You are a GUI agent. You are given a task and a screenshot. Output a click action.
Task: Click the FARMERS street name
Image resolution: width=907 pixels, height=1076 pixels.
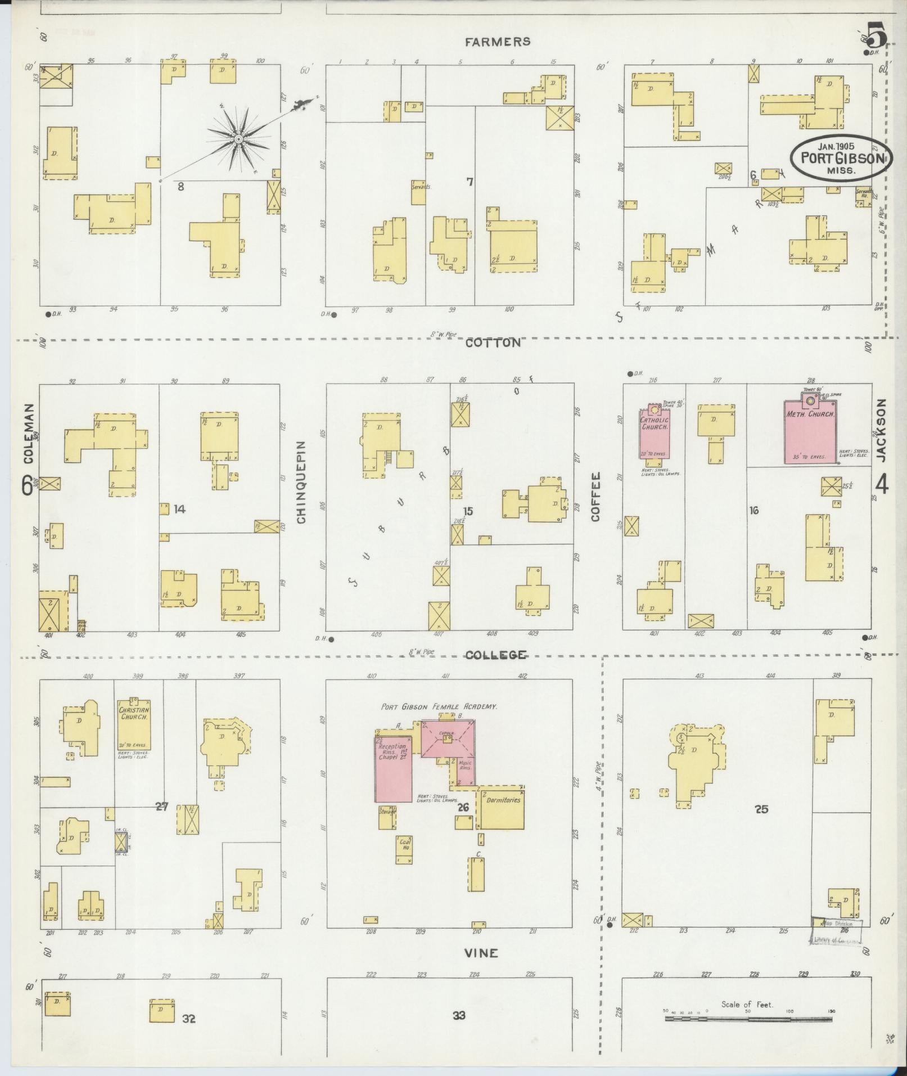click(x=498, y=42)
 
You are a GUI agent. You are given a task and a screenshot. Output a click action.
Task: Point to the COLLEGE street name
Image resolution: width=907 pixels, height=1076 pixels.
click(x=496, y=655)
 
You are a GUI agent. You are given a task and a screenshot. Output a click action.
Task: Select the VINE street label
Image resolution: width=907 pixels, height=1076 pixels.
click(x=481, y=953)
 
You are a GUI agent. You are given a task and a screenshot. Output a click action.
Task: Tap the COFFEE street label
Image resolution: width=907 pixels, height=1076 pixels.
click(x=596, y=497)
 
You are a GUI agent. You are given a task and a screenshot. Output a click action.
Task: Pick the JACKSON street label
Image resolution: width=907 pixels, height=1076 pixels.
click(x=881, y=430)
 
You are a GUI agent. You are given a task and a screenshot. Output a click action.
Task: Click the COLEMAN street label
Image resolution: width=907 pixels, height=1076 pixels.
click(x=28, y=434)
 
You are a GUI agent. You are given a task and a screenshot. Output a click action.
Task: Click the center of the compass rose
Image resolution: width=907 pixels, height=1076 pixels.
click(x=238, y=138)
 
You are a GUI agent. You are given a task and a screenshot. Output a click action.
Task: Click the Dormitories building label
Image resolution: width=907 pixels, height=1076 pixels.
click(x=503, y=799)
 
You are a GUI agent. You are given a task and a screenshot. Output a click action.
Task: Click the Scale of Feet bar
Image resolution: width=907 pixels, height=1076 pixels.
click(x=748, y=1018)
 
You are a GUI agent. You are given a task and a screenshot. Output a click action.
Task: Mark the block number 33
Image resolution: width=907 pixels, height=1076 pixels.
click(x=459, y=1015)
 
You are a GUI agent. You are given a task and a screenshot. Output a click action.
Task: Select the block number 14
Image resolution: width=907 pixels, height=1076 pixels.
click(x=179, y=509)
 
